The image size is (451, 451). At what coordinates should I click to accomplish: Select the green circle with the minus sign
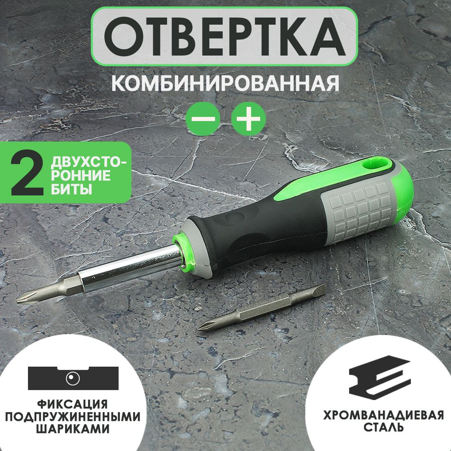coord(202,119)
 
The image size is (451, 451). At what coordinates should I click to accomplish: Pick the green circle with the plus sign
coord(249,119)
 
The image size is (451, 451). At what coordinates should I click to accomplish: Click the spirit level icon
coord(73,378)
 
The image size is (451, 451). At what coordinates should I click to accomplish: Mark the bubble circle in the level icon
coord(73,378)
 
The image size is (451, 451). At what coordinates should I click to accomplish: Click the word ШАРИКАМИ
coord(72,428)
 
